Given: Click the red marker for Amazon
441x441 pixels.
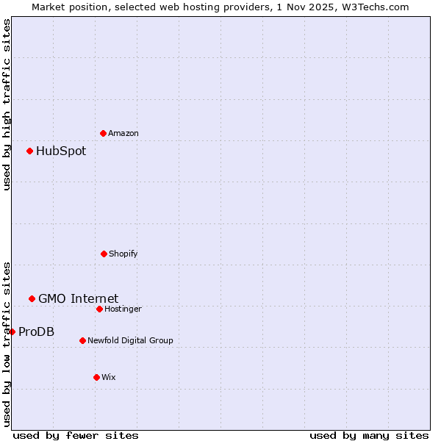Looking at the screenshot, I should (104, 133).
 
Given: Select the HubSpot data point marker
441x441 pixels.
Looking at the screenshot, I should (30, 151).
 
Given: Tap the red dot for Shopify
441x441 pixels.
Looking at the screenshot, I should (104, 254).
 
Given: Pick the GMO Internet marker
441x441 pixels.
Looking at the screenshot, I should (32, 298).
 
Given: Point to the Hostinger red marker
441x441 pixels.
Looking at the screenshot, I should (99, 309).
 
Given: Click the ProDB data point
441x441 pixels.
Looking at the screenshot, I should (12, 331).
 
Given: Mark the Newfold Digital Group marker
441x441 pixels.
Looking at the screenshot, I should (82, 340).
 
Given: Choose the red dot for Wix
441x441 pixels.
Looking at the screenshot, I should (96, 377).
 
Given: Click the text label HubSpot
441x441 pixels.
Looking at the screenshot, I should (61, 151).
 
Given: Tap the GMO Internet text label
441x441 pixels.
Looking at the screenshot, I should (78, 298).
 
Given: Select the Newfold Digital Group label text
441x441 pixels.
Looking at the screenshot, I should (130, 340).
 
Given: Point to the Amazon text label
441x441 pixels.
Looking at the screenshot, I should (123, 133).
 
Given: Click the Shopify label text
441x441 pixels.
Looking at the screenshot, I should (123, 254).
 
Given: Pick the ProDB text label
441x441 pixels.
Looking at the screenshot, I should (36, 331).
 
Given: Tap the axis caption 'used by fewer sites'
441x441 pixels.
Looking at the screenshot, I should (76, 435).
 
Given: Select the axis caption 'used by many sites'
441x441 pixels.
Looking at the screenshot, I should (369, 435).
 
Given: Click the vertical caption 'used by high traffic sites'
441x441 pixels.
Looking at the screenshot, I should (7, 104).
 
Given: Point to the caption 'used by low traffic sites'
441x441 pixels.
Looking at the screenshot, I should (7, 343).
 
